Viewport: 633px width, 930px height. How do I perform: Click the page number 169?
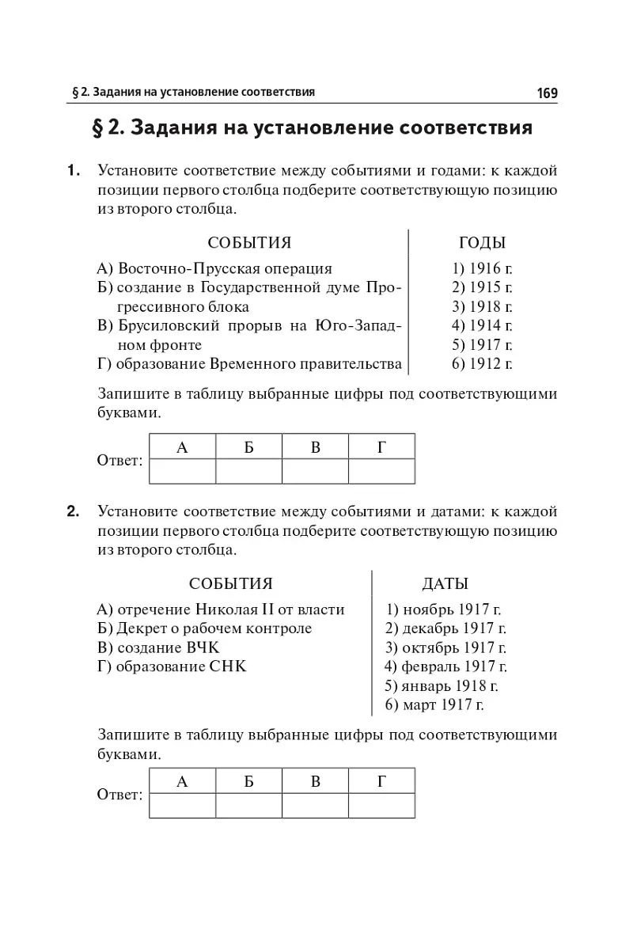click(x=547, y=93)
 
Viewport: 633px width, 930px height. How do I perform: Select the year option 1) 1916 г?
click(x=482, y=268)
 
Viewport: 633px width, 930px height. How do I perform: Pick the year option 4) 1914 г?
click(x=482, y=325)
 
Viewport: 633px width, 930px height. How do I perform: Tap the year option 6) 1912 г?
click(x=482, y=364)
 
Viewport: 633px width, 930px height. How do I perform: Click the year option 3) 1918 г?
click(x=482, y=306)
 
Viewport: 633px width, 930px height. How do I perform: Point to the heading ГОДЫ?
click(x=482, y=243)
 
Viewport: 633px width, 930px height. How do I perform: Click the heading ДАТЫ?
click(x=445, y=584)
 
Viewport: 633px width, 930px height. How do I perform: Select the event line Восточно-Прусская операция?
click(x=214, y=268)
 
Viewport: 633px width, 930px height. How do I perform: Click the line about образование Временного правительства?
click(x=249, y=364)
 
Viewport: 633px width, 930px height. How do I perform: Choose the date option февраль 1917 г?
click(x=445, y=666)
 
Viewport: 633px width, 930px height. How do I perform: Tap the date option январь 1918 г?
click(x=442, y=685)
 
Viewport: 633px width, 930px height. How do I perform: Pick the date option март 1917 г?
click(x=434, y=704)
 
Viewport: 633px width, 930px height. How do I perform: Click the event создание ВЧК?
click(x=157, y=647)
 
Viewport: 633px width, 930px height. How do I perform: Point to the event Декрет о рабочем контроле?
click(x=204, y=628)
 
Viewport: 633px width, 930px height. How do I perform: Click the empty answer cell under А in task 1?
click(x=182, y=471)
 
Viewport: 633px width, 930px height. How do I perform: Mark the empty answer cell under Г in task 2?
click(x=381, y=805)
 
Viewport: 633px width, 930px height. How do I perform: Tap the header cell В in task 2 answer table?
click(x=315, y=782)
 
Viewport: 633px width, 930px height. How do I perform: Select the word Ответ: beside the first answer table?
click(x=119, y=460)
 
